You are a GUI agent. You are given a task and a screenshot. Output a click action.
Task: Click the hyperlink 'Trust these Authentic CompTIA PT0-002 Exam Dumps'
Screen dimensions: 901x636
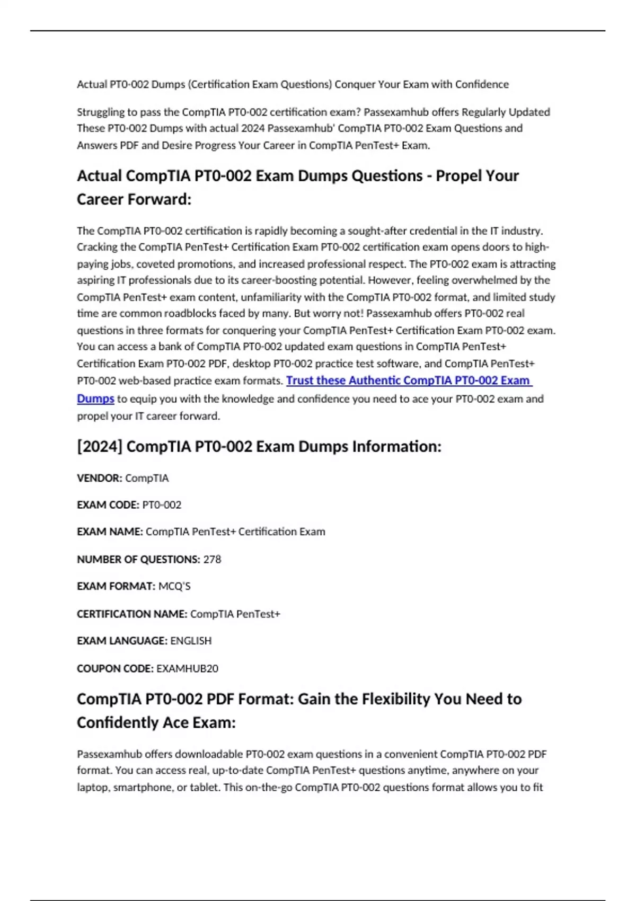pos(408,381)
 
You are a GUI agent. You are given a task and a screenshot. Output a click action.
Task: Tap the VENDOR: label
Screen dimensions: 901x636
pos(99,478)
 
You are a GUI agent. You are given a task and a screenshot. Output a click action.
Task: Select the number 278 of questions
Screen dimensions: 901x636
pos(212,559)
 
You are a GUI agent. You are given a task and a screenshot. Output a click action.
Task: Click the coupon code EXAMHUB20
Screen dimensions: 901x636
pos(187,668)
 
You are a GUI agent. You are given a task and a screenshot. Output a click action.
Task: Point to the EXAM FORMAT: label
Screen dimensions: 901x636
pos(116,586)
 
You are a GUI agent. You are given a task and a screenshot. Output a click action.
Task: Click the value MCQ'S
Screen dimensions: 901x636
pos(174,586)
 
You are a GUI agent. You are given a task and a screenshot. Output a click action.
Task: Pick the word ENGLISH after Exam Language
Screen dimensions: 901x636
pos(191,641)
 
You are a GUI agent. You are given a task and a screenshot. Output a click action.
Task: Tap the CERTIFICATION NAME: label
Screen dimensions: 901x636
pos(132,614)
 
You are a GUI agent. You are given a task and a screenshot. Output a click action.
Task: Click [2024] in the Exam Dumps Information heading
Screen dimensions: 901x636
pos(100,446)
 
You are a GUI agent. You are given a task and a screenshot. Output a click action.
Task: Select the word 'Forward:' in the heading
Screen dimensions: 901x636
pos(160,199)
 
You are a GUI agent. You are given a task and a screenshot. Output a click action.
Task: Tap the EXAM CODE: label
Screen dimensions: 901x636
pos(108,505)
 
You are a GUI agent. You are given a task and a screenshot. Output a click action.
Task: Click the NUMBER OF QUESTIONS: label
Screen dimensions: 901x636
pos(138,559)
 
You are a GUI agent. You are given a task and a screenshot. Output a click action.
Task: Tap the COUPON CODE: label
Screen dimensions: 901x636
pos(115,668)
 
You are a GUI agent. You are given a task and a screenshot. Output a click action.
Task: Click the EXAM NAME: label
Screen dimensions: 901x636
pos(110,532)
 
